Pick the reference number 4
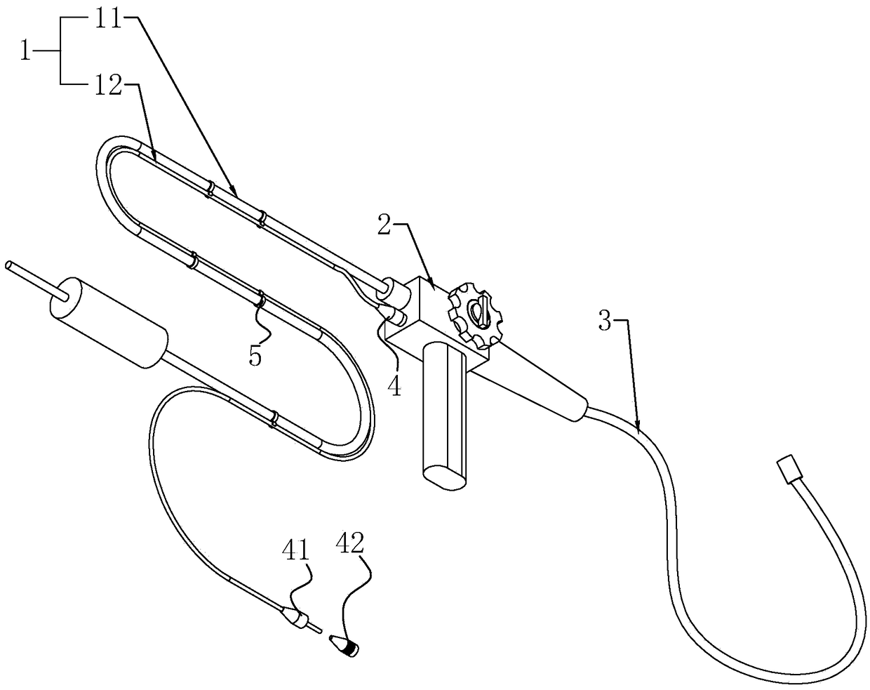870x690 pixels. click(x=396, y=385)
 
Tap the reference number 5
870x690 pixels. click(x=255, y=354)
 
